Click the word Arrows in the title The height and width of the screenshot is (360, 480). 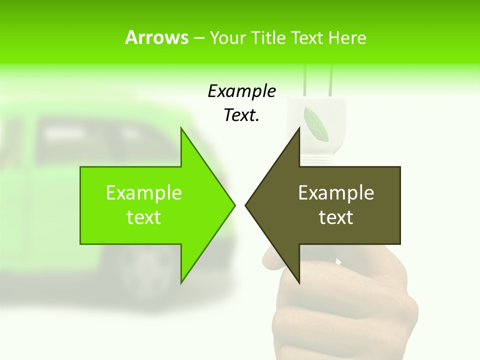click(156, 37)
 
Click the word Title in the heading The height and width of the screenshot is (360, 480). click(268, 37)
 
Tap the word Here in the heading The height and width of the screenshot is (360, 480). click(347, 37)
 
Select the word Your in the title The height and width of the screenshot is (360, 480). click(227, 37)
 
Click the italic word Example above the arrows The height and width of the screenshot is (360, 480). click(241, 91)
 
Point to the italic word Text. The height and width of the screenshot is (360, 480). click(241, 115)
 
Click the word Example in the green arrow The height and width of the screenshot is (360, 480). click(144, 192)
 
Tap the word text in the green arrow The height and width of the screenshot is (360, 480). click(144, 217)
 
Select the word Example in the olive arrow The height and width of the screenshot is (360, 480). click(336, 192)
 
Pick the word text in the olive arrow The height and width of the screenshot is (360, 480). click(336, 217)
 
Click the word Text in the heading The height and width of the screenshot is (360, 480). click(308, 37)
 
